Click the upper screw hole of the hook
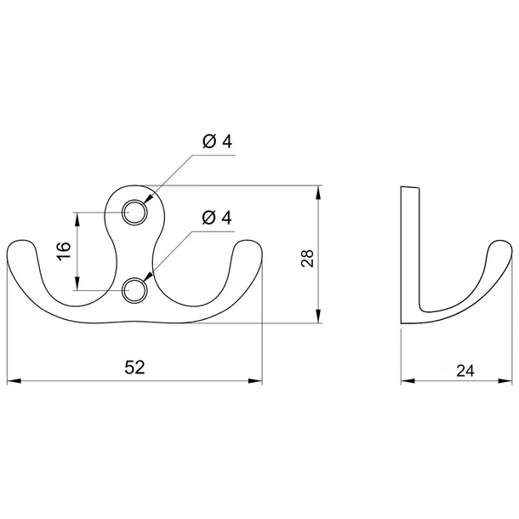point(134,212)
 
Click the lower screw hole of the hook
point(134,290)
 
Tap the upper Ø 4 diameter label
point(217,142)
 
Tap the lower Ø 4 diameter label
point(217,218)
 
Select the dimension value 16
point(64,251)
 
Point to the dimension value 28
point(307,259)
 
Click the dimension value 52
point(134,368)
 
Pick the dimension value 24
point(465,371)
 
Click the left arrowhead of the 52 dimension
point(14,381)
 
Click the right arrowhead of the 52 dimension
point(255,381)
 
